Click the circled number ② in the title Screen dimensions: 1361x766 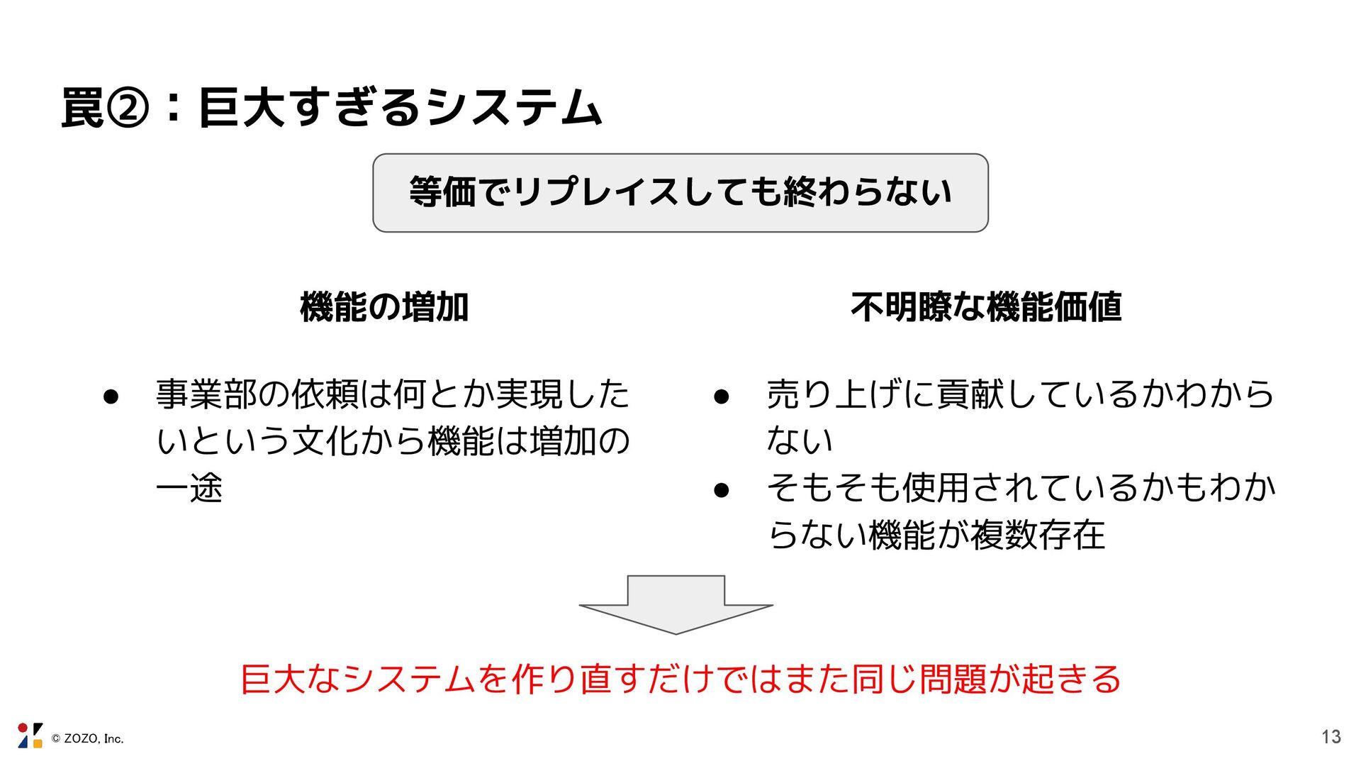128,109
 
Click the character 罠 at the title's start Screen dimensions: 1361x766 82,109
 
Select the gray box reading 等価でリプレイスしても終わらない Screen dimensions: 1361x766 680,193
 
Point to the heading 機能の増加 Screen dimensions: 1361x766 383,307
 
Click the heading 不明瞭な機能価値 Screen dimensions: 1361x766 985,307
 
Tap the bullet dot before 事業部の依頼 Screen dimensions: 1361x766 110,396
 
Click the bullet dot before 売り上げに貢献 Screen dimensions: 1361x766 721,396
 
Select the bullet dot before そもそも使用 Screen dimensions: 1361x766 721,489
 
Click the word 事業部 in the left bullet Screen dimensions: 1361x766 206,394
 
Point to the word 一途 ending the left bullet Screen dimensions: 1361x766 189,488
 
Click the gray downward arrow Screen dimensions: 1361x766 676,602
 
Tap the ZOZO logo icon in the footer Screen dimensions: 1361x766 30,736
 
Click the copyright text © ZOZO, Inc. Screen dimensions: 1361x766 88,739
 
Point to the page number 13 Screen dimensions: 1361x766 1331,737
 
